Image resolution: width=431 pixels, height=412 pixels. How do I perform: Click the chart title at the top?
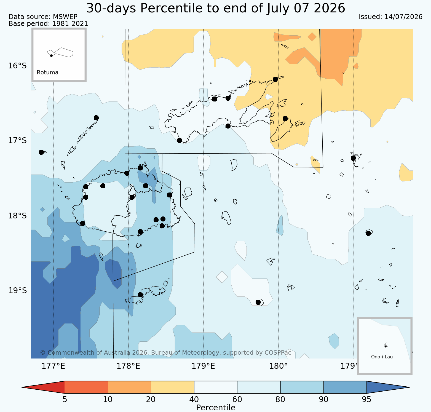point(216,8)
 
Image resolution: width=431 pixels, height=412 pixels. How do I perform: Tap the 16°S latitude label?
point(17,66)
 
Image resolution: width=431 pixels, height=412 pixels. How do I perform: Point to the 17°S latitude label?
point(17,141)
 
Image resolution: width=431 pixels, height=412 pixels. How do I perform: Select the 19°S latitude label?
point(17,291)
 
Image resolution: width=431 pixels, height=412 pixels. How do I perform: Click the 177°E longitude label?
point(53,366)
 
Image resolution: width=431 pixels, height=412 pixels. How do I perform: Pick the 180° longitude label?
point(278,366)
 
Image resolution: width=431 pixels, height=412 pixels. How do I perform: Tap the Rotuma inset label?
point(47,73)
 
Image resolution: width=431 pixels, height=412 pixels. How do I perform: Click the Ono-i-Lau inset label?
point(382,357)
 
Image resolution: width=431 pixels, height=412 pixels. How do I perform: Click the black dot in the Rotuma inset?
point(51,55)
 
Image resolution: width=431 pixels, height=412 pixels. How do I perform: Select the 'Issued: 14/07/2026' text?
point(390,17)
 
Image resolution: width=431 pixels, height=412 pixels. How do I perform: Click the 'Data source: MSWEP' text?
point(43,17)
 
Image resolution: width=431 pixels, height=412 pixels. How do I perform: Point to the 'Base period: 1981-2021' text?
point(48,24)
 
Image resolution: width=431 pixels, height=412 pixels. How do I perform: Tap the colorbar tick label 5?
point(65,400)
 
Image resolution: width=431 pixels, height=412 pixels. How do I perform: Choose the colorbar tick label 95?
point(366,400)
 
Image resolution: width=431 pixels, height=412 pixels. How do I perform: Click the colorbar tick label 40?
point(194,400)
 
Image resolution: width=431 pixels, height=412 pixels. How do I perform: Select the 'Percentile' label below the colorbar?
point(216,408)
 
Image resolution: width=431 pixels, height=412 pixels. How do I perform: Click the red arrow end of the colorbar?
point(43,387)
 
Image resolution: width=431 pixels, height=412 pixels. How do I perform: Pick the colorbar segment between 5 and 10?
point(86,387)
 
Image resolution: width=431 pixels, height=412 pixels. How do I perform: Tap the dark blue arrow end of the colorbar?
point(388,387)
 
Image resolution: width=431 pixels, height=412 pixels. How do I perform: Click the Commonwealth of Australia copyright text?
point(165,353)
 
